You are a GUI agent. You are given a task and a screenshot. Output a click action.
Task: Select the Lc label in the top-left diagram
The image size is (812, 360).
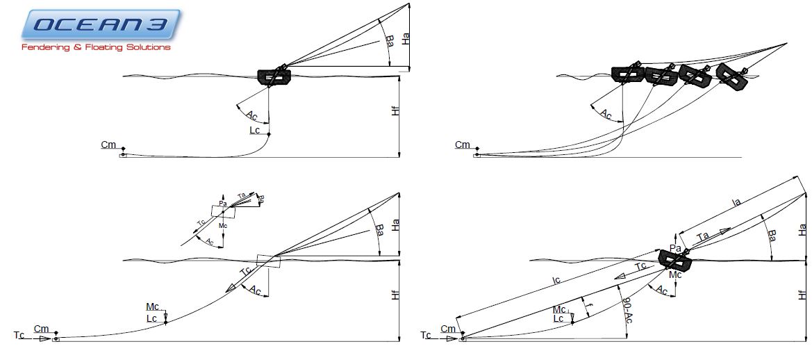(256, 130)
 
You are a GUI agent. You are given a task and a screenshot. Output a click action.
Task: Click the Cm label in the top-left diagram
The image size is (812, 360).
(108, 145)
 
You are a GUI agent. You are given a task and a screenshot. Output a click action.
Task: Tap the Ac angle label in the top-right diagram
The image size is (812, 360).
(606, 114)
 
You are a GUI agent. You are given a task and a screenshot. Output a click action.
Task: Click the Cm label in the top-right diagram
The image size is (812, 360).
(463, 145)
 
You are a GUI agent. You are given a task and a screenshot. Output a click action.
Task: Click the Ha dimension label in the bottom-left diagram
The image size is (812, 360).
(395, 224)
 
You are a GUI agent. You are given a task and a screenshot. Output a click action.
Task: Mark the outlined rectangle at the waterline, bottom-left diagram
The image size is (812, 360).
(268, 261)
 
